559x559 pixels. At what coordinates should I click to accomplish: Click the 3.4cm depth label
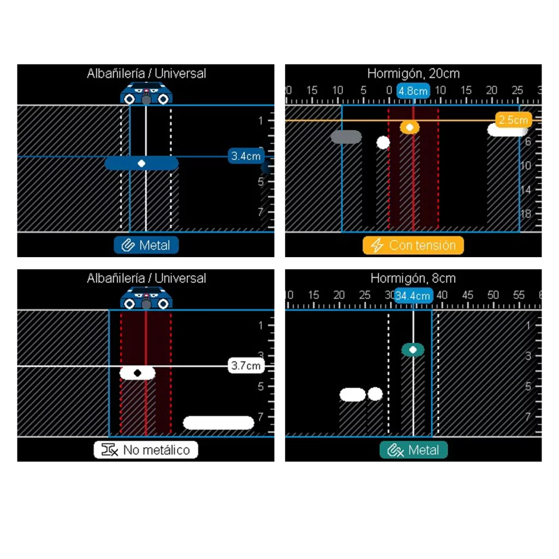246,156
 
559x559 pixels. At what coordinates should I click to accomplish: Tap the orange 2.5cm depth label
513,120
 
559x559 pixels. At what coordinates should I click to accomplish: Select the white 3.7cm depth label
246,366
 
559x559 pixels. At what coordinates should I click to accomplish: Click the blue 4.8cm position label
413,91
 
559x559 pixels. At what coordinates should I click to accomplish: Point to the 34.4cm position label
413,296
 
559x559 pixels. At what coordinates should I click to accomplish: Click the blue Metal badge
146,245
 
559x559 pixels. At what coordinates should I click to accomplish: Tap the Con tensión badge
413,245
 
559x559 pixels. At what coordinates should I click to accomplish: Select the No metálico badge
146,450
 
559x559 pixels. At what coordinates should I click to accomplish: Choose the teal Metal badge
413,450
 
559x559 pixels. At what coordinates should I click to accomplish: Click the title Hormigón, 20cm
413,73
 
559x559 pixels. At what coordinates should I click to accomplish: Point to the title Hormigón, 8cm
413,278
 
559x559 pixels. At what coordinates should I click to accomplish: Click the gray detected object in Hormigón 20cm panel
346,137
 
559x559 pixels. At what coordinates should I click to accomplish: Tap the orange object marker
409,127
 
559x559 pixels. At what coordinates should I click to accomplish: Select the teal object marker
413,349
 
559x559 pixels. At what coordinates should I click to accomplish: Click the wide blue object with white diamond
141,163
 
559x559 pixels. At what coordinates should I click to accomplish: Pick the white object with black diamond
138,373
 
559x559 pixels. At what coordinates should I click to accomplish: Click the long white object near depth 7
218,423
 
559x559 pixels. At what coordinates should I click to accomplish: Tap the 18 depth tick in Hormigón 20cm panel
526,213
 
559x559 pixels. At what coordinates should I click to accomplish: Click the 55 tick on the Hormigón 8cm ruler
519,295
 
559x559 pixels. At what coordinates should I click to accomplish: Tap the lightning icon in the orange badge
377,245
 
